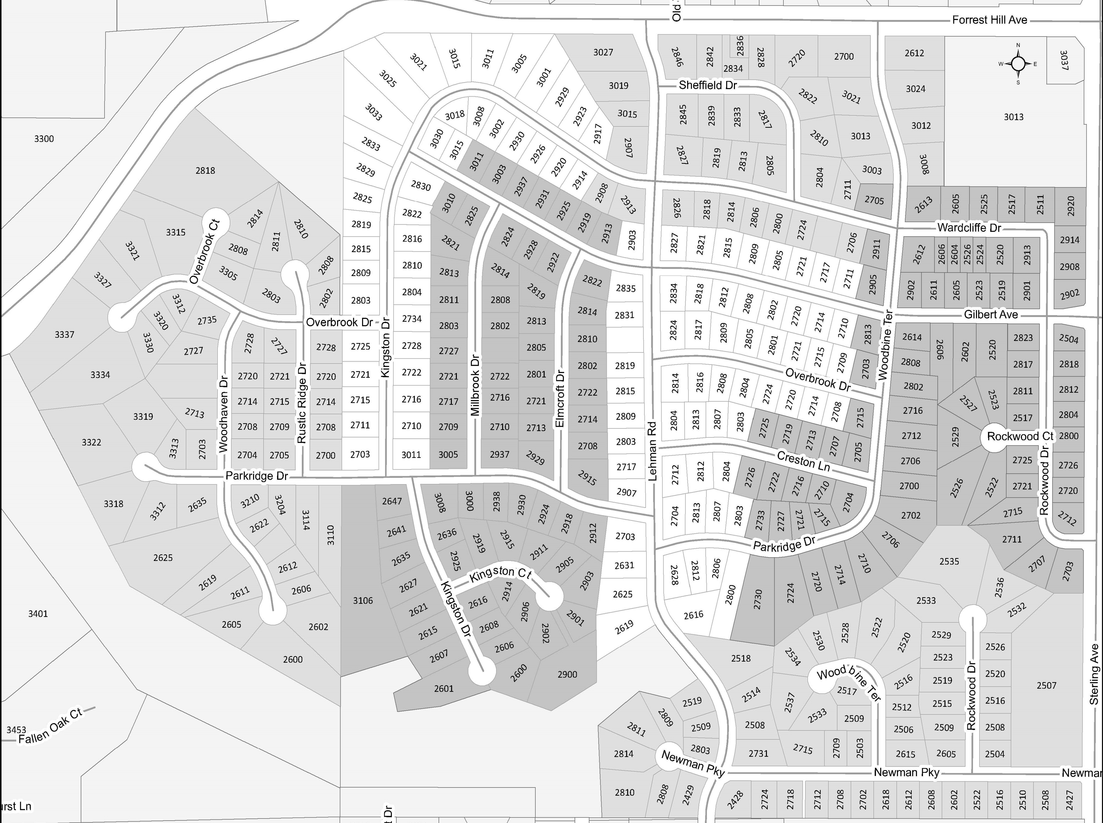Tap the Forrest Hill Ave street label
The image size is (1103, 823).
(989, 20)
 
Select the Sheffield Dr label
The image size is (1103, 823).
(707, 85)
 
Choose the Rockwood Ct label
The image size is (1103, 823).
(1020, 436)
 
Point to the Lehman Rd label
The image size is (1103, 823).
(653, 451)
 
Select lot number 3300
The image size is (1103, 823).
(44, 139)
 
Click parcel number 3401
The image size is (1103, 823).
(38, 614)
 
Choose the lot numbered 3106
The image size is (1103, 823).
(363, 600)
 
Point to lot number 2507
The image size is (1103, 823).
(1046, 686)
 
